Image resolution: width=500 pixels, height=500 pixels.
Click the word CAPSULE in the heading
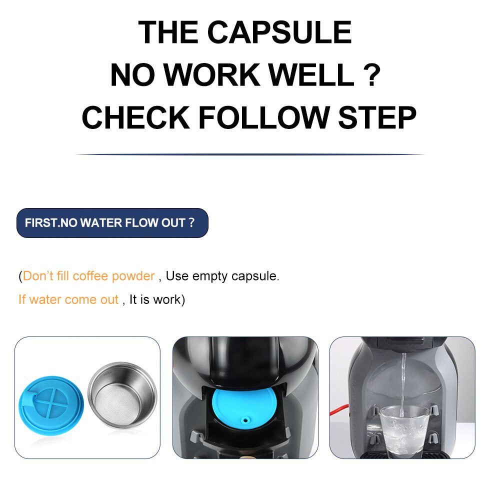tap(279, 32)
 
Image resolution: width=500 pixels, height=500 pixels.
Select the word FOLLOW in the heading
tap(263, 117)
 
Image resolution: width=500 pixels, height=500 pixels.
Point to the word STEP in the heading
tap(377, 117)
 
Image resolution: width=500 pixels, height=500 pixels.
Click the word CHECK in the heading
tap(136, 117)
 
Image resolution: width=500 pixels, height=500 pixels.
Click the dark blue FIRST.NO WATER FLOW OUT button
tap(112, 223)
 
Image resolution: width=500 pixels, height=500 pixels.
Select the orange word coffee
tap(90, 276)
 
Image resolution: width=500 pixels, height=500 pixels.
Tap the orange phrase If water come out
tap(68, 299)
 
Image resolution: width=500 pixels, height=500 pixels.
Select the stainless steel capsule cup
tap(122, 394)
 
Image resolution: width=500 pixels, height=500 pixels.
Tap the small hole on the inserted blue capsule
tap(245, 420)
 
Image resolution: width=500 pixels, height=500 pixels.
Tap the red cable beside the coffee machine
tap(339, 410)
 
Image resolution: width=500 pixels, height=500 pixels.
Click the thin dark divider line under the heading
tap(250, 154)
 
